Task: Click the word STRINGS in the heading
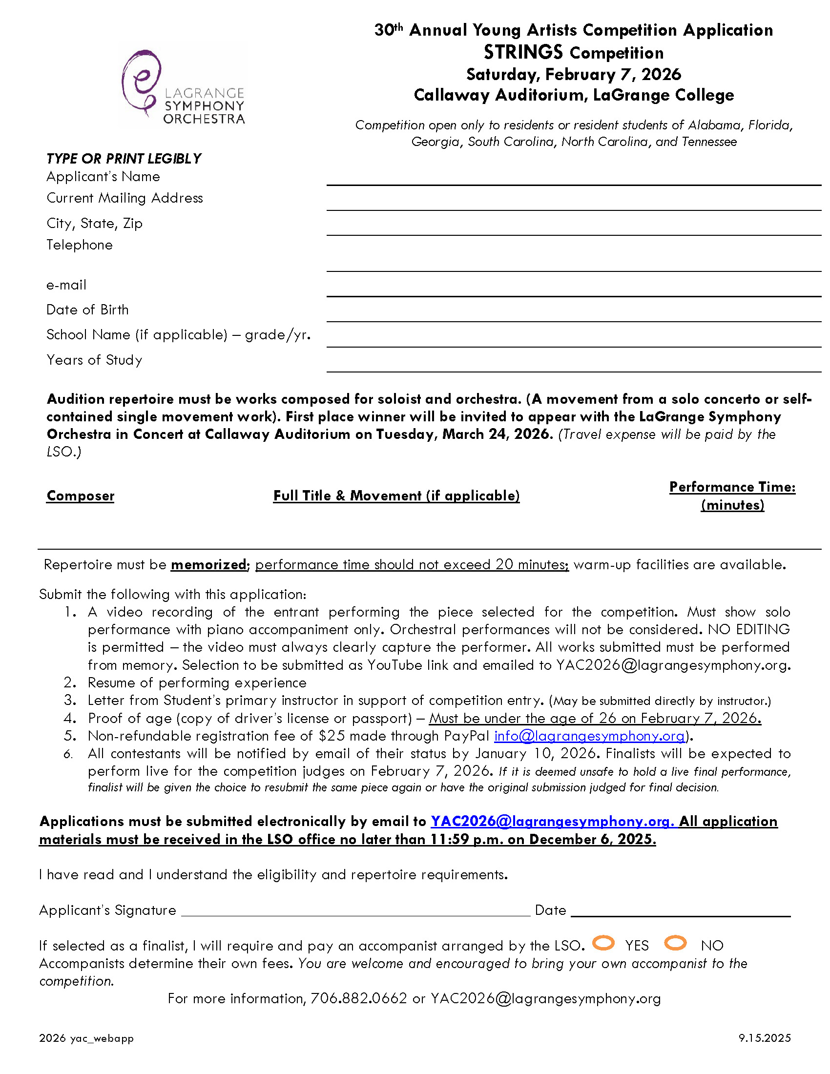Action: tap(523, 52)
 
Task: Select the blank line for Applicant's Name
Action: tap(573, 180)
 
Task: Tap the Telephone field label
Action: tap(79, 245)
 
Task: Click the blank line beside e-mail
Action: tap(573, 291)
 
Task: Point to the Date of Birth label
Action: tap(87, 310)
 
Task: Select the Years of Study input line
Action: tap(573, 366)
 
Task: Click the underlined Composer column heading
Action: tap(80, 496)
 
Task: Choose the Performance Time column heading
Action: tap(732, 487)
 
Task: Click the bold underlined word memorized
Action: tap(208, 564)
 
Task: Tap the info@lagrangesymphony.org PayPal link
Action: tap(589, 736)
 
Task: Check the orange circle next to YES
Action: tap(603, 943)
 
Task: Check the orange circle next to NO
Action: tap(675, 943)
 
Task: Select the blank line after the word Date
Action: tap(681, 912)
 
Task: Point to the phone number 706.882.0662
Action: tap(358, 999)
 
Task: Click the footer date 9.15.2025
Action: tap(764, 1038)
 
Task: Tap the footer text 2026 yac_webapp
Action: tap(86, 1038)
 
